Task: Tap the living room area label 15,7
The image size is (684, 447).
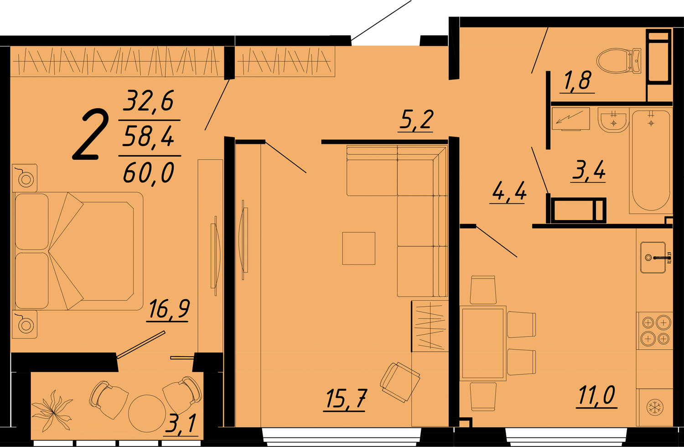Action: click(x=346, y=398)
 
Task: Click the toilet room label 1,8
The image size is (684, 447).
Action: click(x=577, y=80)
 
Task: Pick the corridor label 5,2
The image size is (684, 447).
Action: click(x=416, y=120)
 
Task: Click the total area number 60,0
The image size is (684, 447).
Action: click(x=148, y=173)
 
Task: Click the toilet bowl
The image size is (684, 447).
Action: click(x=618, y=61)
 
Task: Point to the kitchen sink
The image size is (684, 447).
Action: click(x=653, y=257)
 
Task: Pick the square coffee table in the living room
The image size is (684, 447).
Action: click(x=358, y=248)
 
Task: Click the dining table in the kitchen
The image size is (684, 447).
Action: click(x=482, y=343)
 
